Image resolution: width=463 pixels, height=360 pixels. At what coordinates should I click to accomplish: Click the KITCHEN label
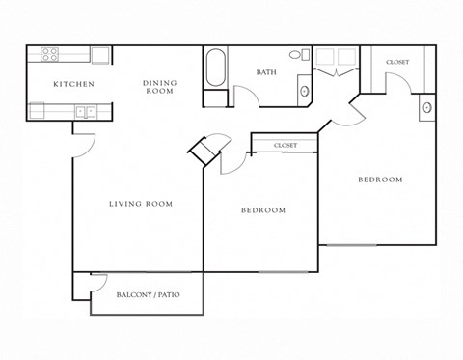click(x=73, y=85)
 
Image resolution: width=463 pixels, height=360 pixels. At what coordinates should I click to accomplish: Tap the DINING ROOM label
click(x=159, y=87)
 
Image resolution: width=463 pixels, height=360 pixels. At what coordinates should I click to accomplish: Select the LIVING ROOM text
click(x=141, y=204)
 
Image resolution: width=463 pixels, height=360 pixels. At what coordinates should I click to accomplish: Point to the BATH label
click(x=267, y=72)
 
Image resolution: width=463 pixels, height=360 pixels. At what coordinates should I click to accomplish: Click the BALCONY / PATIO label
click(x=148, y=294)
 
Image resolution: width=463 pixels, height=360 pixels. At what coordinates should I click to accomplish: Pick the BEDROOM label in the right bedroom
click(x=380, y=180)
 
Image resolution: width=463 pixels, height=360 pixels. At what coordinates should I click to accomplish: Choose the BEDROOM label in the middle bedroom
click(x=262, y=210)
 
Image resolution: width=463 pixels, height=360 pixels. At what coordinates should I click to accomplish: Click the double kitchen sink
click(x=84, y=111)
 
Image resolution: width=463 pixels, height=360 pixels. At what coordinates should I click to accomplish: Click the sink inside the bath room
click(x=305, y=91)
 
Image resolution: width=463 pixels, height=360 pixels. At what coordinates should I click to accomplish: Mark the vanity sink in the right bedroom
click(x=426, y=108)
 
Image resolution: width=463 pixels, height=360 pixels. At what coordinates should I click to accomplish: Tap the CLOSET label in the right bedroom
click(x=396, y=62)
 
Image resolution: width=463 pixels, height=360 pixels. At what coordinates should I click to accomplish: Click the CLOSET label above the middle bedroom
click(x=285, y=146)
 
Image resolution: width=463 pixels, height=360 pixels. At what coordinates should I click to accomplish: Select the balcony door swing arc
click(x=97, y=282)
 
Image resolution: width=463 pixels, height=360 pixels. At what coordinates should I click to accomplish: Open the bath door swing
click(x=246, y=97)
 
